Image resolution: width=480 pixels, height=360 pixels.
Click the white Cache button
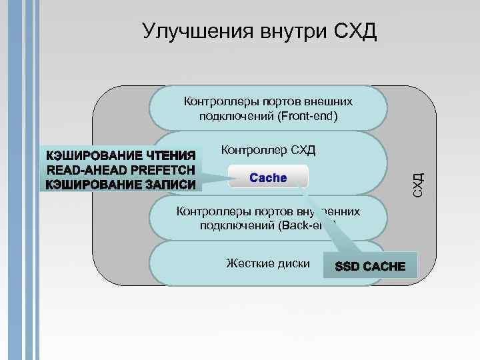[x=267, y=178]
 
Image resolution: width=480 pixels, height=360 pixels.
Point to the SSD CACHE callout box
[x=370, y=266]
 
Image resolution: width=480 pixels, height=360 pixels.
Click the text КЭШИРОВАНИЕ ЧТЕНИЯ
[x=121, y=155]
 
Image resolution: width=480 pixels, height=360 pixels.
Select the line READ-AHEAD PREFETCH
[x=121, y=169]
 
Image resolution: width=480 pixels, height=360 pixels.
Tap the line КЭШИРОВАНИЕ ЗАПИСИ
[x=121, y=184]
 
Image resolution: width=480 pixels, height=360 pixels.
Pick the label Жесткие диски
[x=268, y=263]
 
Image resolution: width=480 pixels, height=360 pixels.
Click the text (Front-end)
[x=307, y=117]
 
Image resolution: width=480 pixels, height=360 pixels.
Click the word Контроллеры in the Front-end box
[x=213, y=102]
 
